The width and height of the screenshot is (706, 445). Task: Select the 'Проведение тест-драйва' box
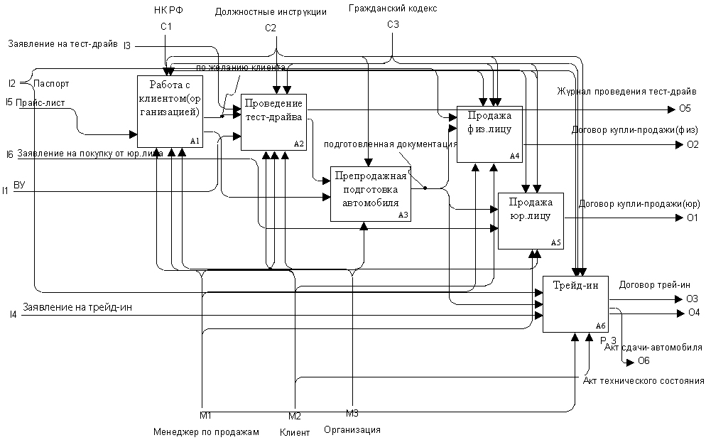pos(273,122)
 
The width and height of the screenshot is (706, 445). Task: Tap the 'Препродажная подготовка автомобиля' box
pos(371,193)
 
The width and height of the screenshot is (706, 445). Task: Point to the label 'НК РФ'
pos(167,10)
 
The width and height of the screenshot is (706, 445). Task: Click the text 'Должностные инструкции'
pos(272,12)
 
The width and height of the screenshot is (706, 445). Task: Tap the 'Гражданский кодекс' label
pos(393,9)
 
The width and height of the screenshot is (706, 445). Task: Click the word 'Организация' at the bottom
pos(352,429)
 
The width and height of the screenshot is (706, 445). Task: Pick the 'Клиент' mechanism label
pos(295,432)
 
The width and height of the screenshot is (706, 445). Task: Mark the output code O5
pos(684,109)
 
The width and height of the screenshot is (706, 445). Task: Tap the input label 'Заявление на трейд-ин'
pos(77,308)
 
